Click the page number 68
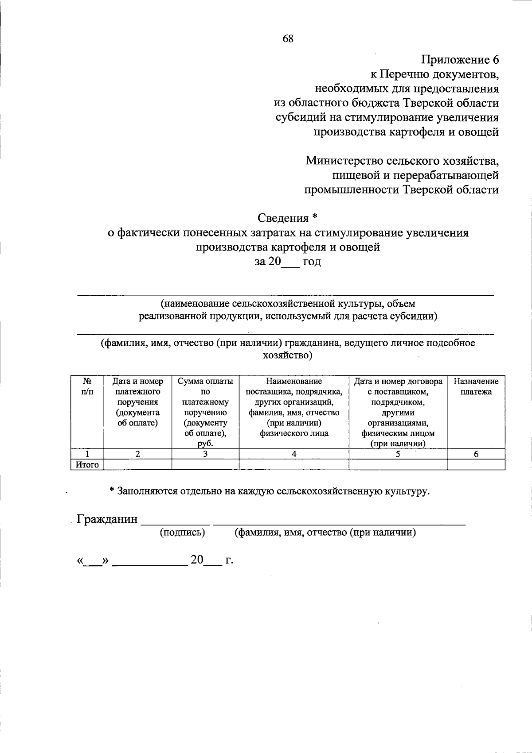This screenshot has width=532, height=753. point(288,39)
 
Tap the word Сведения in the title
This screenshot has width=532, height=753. point(283,218)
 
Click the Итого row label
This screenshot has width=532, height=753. point(87,464)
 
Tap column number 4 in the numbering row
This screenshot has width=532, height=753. point(294,454)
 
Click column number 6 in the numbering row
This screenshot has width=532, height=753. point(476,454)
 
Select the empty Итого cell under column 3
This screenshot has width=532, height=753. point(205,464)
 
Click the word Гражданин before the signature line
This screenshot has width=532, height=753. point(107,519)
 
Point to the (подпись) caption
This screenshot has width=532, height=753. point(182,533)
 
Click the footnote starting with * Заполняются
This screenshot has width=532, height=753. point(270,491)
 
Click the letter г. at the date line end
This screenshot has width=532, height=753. point(229,561)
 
